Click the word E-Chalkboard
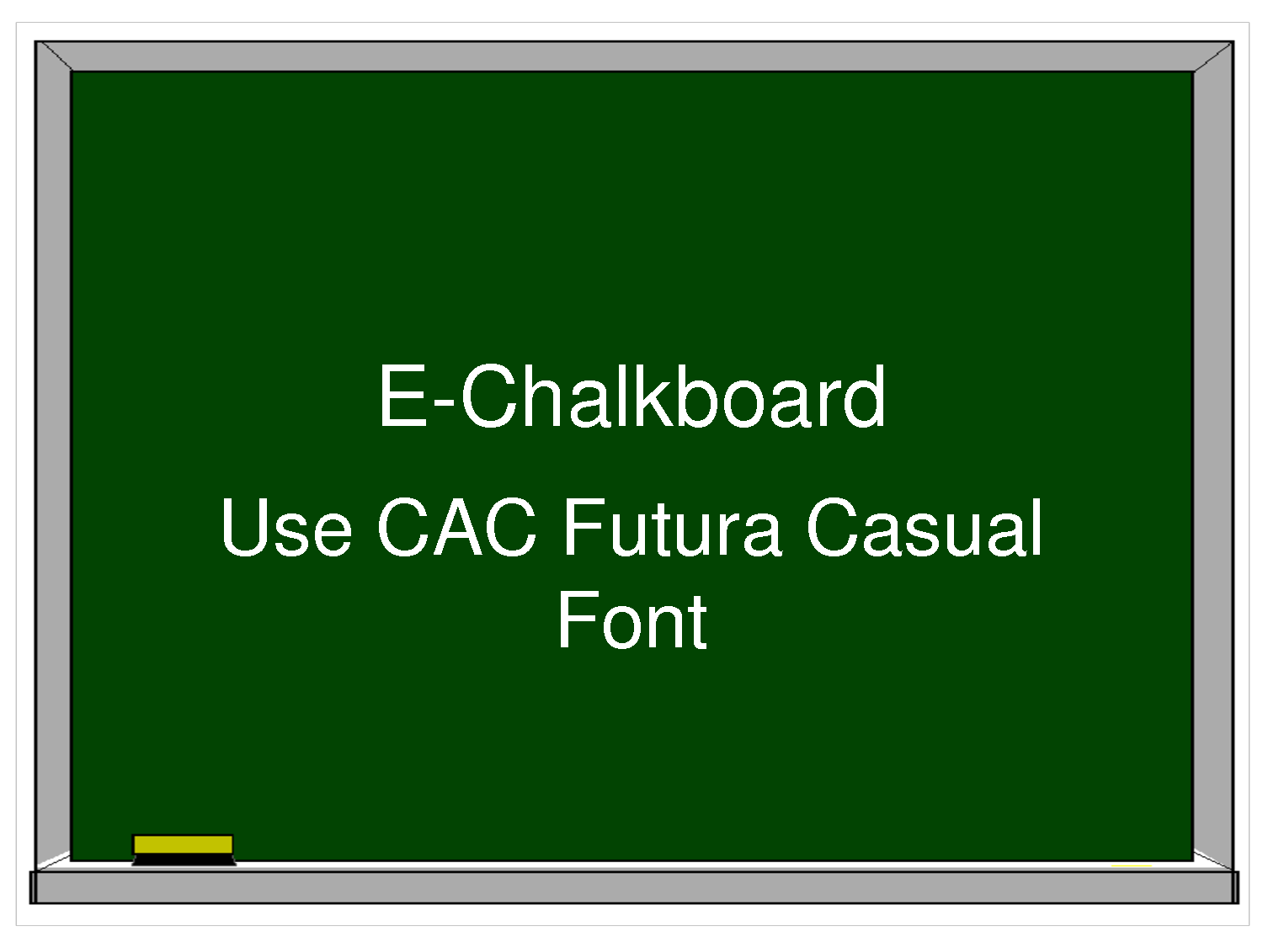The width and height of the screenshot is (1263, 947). (631, 396)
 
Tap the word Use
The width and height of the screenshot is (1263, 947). (286, 528)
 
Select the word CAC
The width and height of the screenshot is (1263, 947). (456, 527)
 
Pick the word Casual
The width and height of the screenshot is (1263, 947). (924, 527)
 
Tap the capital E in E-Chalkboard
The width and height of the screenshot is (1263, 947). (402, 396)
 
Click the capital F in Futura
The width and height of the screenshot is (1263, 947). (584, 527)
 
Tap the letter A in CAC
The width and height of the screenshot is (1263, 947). (457, 527)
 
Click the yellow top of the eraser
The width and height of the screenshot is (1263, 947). (183, 844)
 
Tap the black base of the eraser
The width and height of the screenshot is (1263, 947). (184, 859)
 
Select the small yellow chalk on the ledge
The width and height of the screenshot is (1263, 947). (1131, 866)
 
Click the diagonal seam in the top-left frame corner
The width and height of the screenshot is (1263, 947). (54, 56)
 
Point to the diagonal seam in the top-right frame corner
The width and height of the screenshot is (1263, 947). (1212, 56)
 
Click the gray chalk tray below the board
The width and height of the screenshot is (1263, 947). (634, 887)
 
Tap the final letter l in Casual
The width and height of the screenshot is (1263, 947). (1036, 527)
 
